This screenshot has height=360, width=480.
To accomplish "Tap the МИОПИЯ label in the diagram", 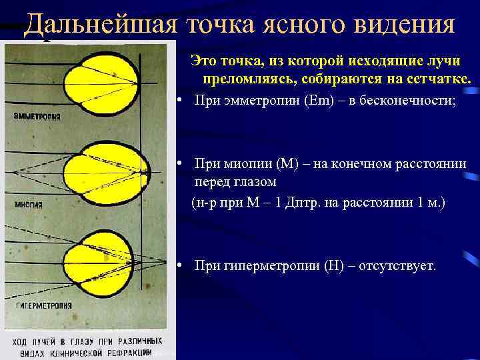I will click(29, 205).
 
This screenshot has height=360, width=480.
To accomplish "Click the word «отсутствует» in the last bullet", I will click(397, 266).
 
